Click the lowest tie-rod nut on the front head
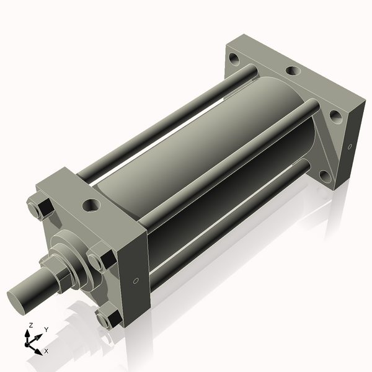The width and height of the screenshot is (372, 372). pos(110,318)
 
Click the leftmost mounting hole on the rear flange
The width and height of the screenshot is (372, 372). pos(234,60)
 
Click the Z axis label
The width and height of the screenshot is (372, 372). pos(31,325)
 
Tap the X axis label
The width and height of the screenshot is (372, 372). pos(46,351)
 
